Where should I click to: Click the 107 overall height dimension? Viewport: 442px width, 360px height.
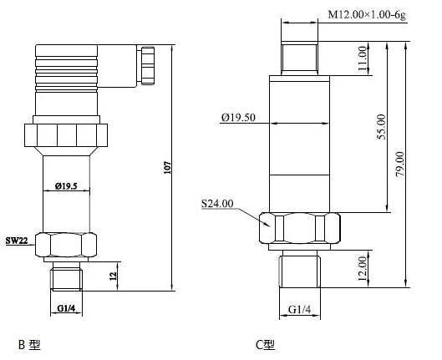click(x=168, y=168)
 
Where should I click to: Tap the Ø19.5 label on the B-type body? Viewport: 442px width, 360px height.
click(x=66, y=186)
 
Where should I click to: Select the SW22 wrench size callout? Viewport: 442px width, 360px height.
click(x=17, y=241)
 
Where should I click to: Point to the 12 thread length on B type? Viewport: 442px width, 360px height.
click(x=114, y=276)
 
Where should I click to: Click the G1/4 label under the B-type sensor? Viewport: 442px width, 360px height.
click(x=66, y=308)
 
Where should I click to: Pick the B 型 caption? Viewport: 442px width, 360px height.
click(x=29, y=344)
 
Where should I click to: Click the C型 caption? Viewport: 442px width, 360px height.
click(x=265, y=345)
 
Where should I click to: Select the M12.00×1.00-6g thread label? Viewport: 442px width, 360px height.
click(x=367, y=14)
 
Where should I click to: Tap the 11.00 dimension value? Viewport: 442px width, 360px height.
click(x=363, y=58)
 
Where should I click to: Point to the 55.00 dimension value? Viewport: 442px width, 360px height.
click(x=382, y=127)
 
